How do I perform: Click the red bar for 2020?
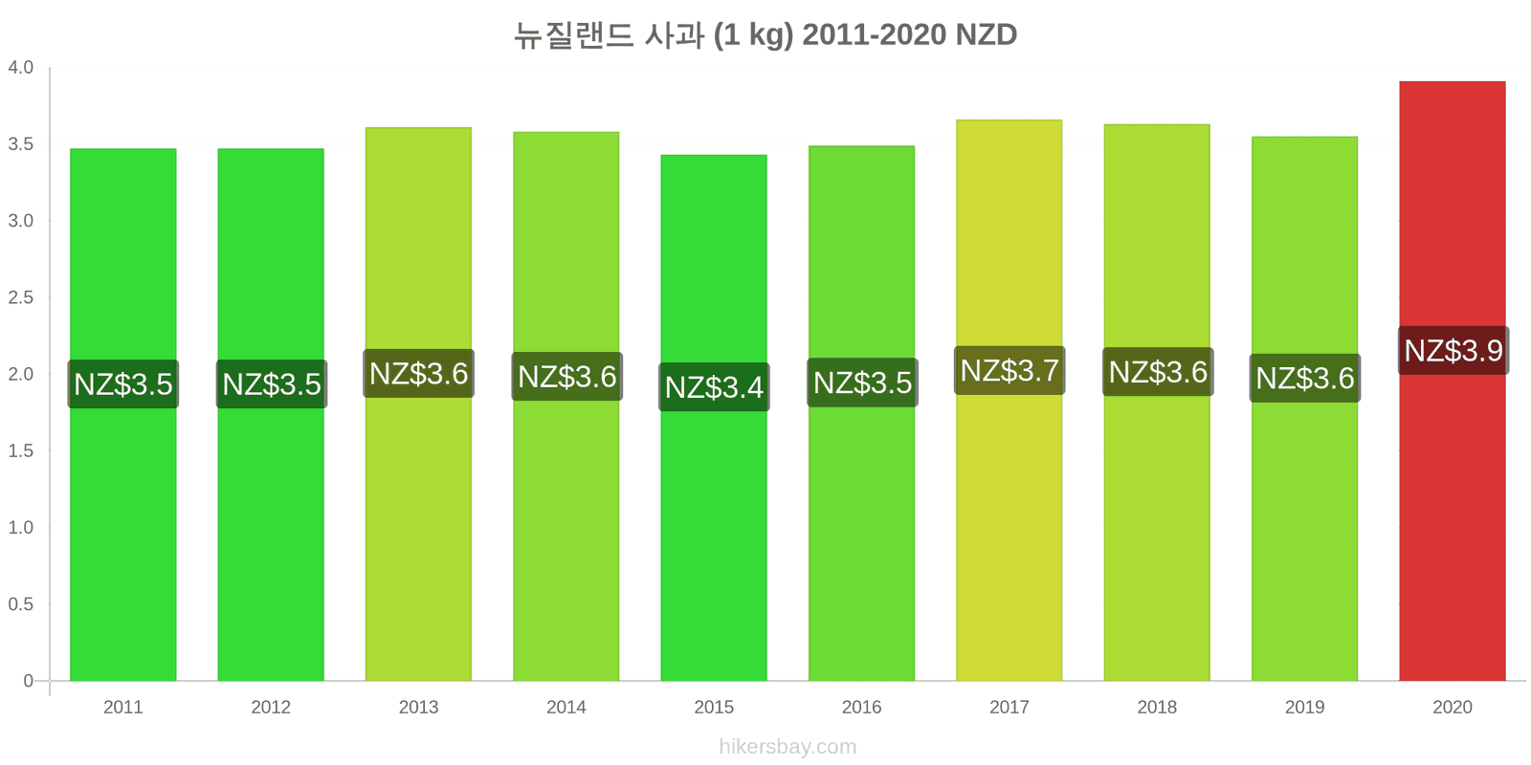1452,382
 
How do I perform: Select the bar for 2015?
714,418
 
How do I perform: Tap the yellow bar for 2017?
1009,401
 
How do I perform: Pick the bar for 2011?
123,415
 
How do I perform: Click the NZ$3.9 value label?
1453,350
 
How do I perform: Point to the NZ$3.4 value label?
714,386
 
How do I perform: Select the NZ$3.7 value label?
1009,370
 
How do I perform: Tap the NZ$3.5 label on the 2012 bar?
272,383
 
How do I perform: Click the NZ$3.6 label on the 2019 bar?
1305,378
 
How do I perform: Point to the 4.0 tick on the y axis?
20,67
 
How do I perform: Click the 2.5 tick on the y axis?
20,297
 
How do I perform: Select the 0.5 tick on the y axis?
20,603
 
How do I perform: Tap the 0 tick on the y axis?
28,680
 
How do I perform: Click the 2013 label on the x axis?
418,707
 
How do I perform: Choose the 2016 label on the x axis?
861,707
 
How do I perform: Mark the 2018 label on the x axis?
1157,707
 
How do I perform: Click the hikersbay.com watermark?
788,746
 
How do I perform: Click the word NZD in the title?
986,34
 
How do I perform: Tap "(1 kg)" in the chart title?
753,35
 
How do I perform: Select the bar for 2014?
566,406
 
